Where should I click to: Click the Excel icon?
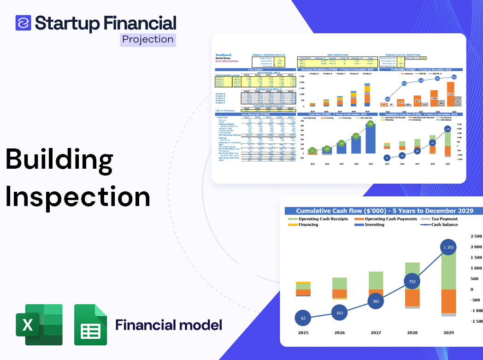(x=39, y=325)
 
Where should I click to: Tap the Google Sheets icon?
(x=90, y=325)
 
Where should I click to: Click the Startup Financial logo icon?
(x=23, y=23)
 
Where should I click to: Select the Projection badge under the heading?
(x=147, y=39)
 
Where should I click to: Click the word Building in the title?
(x=59, y=159)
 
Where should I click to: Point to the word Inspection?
(x=77, y=197)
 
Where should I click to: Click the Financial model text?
(x=169, y=325)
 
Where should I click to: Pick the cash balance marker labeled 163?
(x=339, y=313)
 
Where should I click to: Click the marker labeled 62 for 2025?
(x=302, y=318)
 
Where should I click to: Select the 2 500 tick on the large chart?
(x=476, y=236)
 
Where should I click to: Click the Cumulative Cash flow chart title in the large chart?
(x=384, y=211)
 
